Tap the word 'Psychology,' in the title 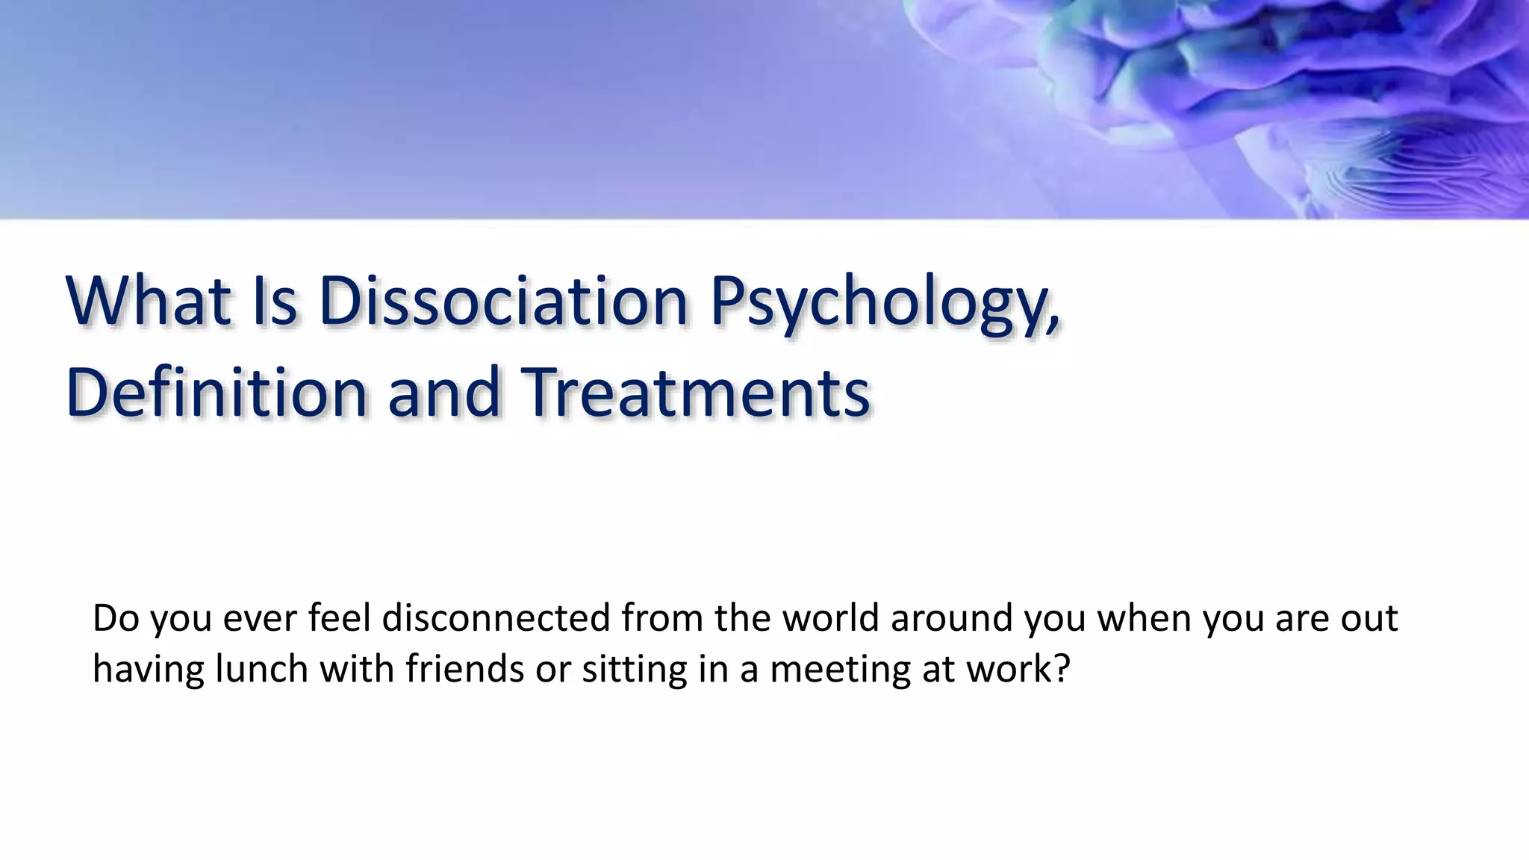pos(884,305)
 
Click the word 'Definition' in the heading pos(217,393)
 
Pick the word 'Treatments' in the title pos(695,393)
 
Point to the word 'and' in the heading pos(443,393)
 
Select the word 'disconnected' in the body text pos(496,618)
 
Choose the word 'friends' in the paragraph pos(464,669)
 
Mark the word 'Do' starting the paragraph pos(116,618)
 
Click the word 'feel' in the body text pos(339,618)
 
